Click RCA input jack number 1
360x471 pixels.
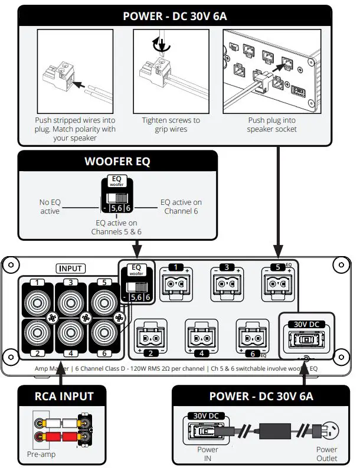[x=37, y=298]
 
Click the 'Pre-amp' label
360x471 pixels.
[x=40, y=455]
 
